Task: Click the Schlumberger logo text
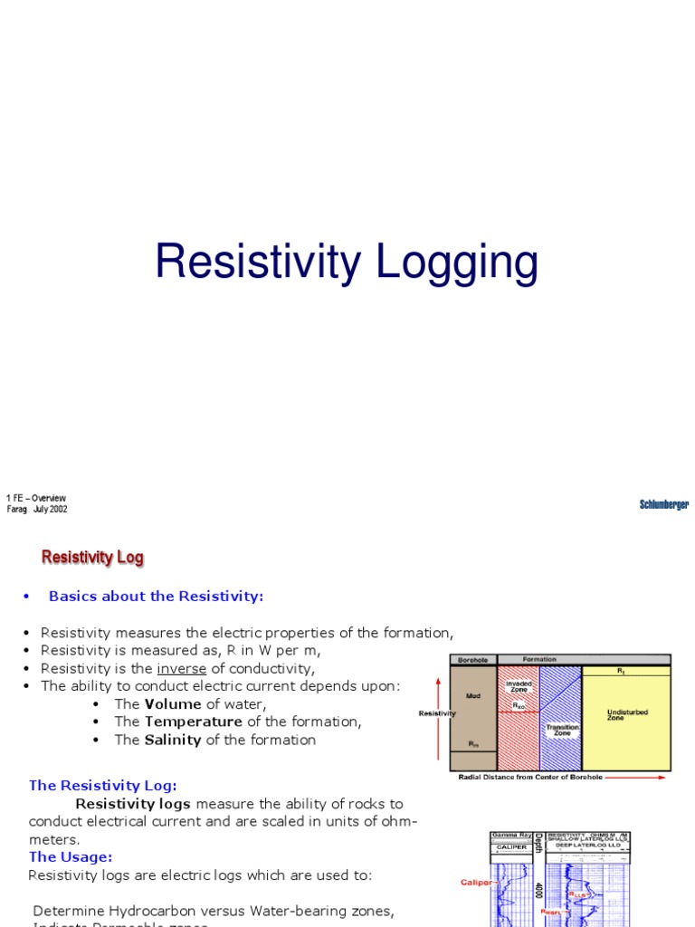click(664, 504)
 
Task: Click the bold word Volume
click(173, 703)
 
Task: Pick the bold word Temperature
click(193, 722)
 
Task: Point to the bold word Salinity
click(173, 740)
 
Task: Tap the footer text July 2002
click(51, 509)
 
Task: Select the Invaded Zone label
click(519, 686)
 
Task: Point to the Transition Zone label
click(561, 730)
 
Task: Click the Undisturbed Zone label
click(627, 715)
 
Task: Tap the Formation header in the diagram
click(539, 659)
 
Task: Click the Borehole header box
click(473, 659)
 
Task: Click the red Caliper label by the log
click(476, 881)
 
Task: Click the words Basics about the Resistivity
click(156, 597)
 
